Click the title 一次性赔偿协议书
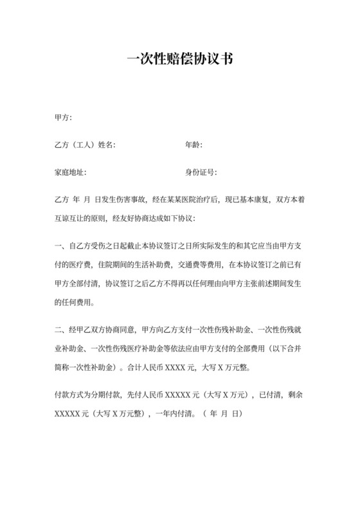pos(179,60)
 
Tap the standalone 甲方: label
pos(64,118)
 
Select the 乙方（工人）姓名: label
pos(85,145)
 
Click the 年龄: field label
pos(194,145)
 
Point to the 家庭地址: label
pos(71,173)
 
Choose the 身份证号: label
pos(201,173)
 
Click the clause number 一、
pos(60,246)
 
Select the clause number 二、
pos(60,330)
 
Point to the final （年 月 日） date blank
pos(222,415)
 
